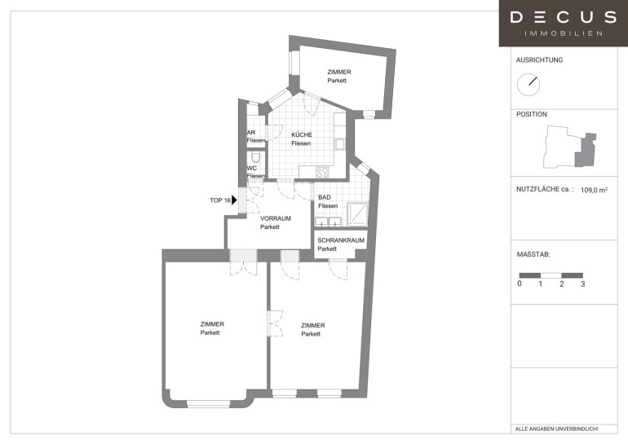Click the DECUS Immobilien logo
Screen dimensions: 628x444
coord(563,23)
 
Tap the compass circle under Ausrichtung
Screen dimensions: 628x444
coord(528,85)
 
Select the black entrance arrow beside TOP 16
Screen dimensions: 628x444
coord(234,200)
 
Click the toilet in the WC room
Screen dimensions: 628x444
coord(255,156)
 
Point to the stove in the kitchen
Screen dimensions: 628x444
coord(322,173)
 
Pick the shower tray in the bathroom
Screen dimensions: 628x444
coord(357,214)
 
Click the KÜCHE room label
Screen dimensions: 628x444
coord(302,134)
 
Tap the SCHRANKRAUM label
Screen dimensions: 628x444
coord(341,240)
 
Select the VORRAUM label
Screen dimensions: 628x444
coord(276,218)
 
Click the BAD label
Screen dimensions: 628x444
coord(325,197)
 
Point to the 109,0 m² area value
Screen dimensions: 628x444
coord(594,190)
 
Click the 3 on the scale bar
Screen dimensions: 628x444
coord(583,284)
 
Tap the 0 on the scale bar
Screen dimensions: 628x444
coord(520,284)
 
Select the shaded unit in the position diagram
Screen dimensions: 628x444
coord(585,151)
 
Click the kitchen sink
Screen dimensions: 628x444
coord(340,144)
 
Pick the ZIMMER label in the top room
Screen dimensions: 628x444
coord(339,72)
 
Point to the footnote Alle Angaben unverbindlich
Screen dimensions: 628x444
coord(556,429)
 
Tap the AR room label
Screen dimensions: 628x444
coord(251,133)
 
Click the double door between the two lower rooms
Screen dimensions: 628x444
coord(275,323)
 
